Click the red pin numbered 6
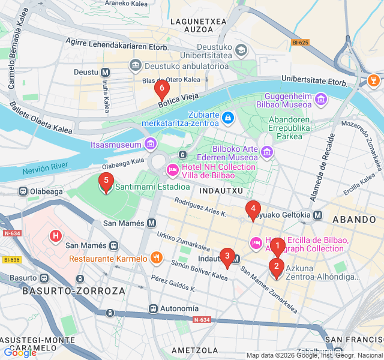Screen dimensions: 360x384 [161, 89]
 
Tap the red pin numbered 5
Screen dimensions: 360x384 [106, 182]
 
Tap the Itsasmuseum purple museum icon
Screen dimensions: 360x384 [150, 144]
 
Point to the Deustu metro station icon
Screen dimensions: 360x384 [106, 72]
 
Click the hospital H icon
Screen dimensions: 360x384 [56, 236]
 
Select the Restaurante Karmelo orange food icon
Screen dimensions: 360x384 [156, 259]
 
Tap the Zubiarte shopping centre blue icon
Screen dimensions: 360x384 [227, 118]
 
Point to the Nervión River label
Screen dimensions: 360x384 [46, 170]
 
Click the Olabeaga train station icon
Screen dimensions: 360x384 [23, 191]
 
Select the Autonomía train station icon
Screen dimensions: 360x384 [154, 308]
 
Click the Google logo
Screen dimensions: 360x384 [20, 353]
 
